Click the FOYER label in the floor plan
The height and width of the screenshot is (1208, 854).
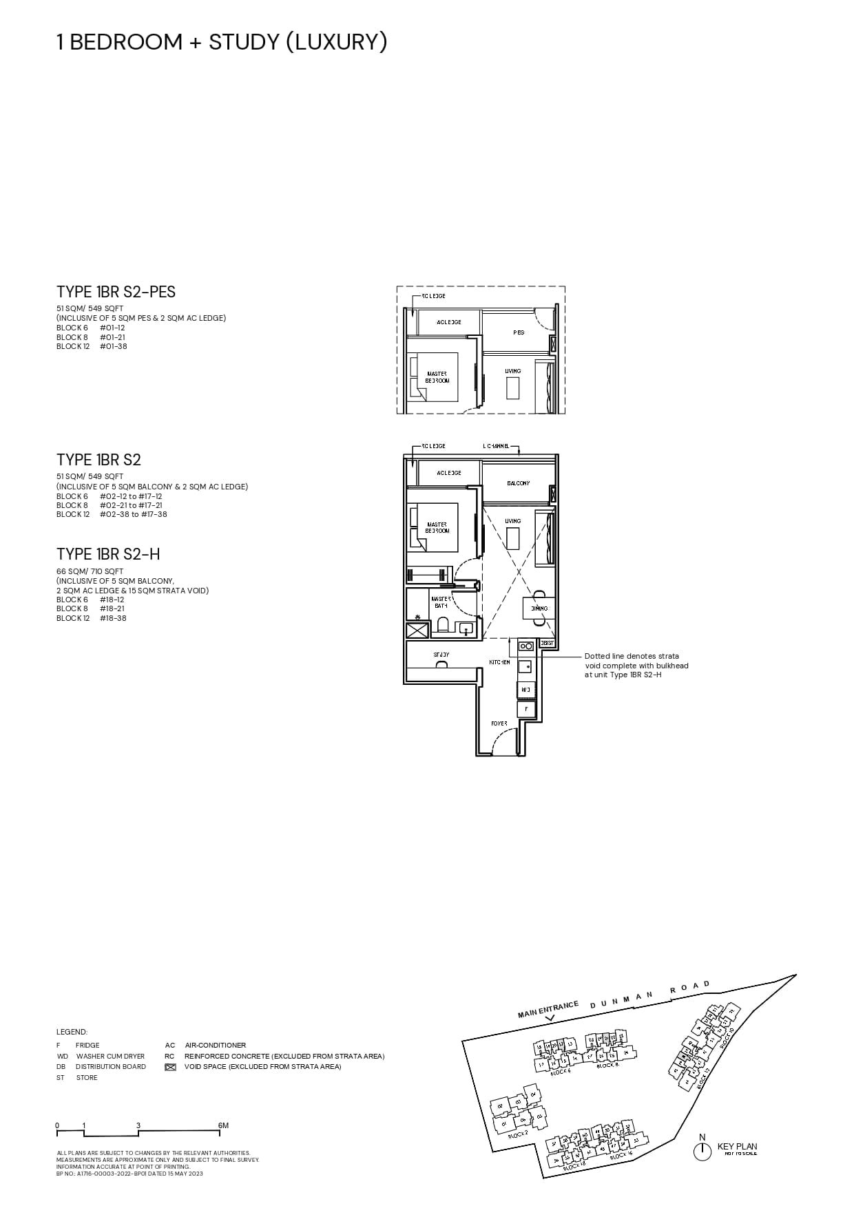pyautogui.click(x=499, y=723)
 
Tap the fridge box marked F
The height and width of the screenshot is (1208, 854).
pyautogui.click(x=526, y=708)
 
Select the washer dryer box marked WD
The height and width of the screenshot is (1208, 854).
pyautogui.click(x=525, y=689)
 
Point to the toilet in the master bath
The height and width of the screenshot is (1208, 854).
pyautogui.click(x=443, y=626)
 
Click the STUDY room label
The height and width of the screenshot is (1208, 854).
pyautogui.click(x=441, y=655)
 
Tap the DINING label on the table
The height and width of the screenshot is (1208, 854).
pyautogui.click(x=539, y=608)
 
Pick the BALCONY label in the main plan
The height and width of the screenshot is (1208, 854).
pyautogui.click(x=519, y=483)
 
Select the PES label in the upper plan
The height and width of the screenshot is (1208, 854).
pyautogui.click(x=519, y=332)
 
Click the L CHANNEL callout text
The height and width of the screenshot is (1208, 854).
pyautogui.click(x=496, y=446)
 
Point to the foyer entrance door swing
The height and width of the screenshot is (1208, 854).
pyautogui.click(x=507, y=742)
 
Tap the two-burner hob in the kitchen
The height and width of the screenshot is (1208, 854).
pyautogui.click(x=526, y=646)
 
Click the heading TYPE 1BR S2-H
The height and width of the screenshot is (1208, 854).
pyautogui.click(x=108, y=554)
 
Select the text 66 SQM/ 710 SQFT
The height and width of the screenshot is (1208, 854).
pyautogui.click(x=90, y=571)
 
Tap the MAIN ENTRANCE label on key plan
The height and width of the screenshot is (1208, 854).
pyautogui.click(x=548, y=1010)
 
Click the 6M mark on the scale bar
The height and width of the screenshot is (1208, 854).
pyautogui.click(x=223, y=1125)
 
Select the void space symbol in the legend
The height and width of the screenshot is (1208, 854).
pyautogui.click(x=171, y=1067)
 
